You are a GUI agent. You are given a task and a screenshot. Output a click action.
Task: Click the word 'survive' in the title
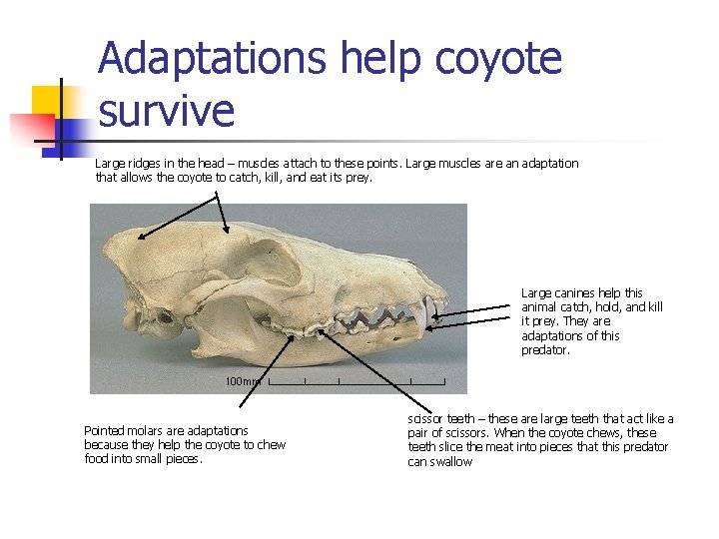166,110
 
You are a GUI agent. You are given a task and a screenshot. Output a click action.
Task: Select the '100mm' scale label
243,381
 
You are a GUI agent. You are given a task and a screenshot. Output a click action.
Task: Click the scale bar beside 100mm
357,381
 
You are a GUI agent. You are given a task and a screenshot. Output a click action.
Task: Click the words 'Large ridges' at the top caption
127,163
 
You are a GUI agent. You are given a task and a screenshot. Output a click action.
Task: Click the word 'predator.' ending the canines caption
544,350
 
